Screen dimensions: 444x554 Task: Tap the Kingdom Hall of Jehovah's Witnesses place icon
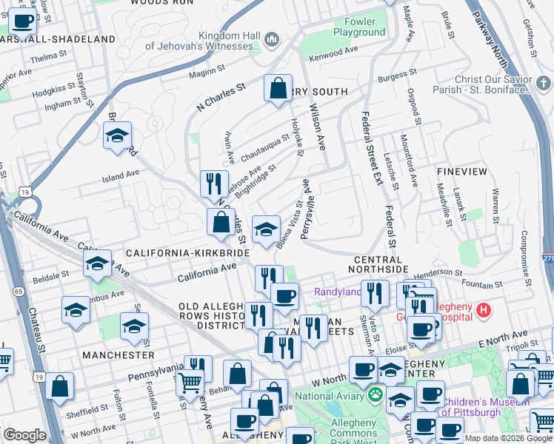[x=271, y=38]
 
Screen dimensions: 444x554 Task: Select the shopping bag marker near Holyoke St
[x=278, y=89]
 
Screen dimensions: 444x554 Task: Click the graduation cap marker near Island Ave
[x=117, y=136]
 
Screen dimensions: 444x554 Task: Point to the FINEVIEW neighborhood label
[x=462, y=172]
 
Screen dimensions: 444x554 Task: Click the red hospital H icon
[x=484, y=309]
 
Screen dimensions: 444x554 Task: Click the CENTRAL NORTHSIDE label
[x=381, y=260]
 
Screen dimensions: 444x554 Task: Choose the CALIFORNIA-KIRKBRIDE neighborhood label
[x=188, y=253]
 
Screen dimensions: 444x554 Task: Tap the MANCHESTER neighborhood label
[x=119, y=355]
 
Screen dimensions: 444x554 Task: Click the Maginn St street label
[x=206, y=71]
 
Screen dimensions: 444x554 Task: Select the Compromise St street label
[x=524, y=249]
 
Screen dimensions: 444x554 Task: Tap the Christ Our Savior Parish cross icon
[x=543, y=82]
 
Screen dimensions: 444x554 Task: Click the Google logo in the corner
[x=24, y=435]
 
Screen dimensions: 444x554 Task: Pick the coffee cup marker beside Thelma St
[x=24, y=22]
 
